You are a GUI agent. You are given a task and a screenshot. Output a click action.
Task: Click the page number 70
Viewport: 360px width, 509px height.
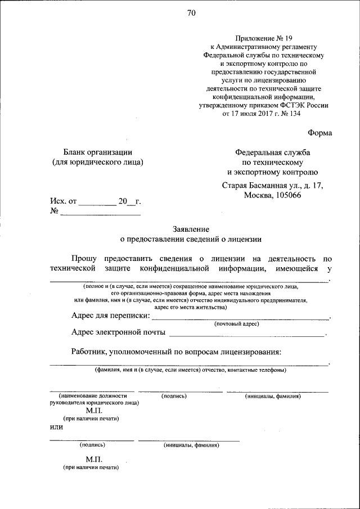192,14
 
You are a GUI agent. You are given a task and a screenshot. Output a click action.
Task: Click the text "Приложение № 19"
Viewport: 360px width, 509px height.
263,37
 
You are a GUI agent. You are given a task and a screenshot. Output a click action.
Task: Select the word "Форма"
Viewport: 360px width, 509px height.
319,133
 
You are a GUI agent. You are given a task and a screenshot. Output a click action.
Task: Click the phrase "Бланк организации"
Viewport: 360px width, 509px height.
97,152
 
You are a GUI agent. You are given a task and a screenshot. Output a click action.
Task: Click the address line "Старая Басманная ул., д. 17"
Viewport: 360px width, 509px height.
272,185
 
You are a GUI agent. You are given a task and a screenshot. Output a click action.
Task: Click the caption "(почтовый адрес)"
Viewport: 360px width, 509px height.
236,325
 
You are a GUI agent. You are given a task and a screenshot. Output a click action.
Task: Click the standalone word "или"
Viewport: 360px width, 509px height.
56,426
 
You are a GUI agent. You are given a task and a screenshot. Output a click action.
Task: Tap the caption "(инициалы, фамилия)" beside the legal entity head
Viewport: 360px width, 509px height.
273,397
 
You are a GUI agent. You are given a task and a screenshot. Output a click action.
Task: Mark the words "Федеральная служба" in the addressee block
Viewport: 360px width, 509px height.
272,152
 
